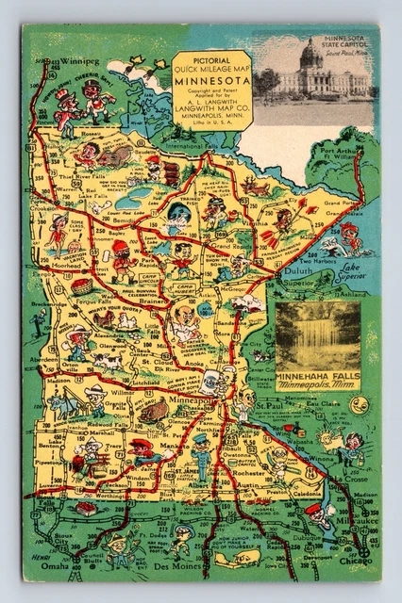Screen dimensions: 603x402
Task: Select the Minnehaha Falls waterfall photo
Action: tap(318, 335)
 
